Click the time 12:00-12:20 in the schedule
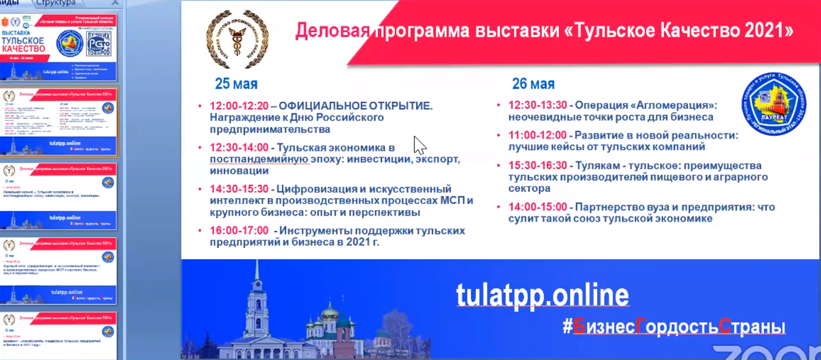239,106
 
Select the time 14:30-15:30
239,189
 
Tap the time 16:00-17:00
239,230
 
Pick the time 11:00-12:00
537,135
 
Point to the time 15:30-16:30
537,165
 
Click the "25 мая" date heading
236,84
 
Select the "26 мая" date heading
533,84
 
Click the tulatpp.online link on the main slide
542,295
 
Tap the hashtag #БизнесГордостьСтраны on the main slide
674,327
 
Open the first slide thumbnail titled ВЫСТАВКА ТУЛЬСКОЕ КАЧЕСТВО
58,48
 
